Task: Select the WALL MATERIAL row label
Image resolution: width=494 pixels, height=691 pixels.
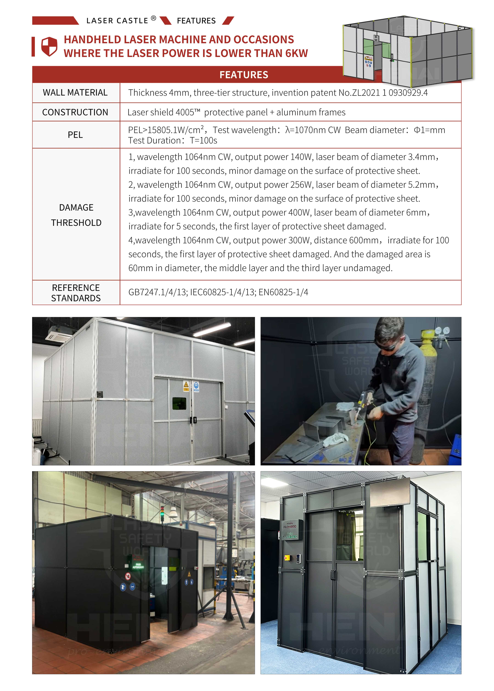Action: tap(75, 93)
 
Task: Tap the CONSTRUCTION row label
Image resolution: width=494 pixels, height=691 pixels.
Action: tap(75, 112)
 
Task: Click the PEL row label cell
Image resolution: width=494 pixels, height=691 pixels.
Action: tap(75, 135)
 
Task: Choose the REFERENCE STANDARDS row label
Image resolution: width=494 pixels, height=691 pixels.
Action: tap(76, 293)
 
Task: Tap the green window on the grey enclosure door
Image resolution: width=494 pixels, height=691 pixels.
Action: tap(179, 403)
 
